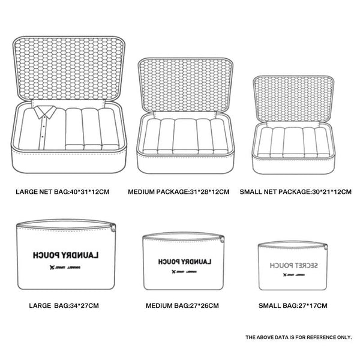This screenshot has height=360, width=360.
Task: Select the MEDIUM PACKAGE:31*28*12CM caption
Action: [x=179, y=193]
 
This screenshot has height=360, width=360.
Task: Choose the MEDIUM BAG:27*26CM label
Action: [x=182, y=305]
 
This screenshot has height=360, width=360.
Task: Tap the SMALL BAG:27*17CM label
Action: [x=292, y=305]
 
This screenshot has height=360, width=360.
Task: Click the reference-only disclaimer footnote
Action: [x=298, y=337]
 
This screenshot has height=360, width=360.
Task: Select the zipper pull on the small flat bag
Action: [x=328, y=247]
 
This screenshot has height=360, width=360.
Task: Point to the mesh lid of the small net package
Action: [x=292, y=98]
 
